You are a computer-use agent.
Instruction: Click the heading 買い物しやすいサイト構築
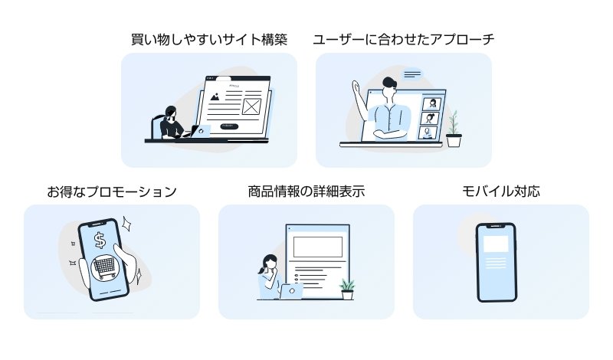(208, 39)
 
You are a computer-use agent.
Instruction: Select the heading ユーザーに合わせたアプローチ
(403, 39)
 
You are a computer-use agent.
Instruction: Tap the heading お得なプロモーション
(112, 191)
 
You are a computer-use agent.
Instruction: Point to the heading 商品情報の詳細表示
(306, 191)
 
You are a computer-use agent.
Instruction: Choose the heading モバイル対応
(500, 191)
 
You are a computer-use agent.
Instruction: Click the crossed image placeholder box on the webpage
(251, 106)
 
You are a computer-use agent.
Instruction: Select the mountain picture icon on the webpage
(217, 98)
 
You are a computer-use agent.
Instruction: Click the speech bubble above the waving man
(413, 74)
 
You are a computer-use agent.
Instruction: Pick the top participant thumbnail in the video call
(432, 103)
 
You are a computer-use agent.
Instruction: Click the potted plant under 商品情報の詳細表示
(347, 290)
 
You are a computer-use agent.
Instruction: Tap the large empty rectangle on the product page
(317, 247)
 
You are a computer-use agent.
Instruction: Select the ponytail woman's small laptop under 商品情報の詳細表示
(292, 291)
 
